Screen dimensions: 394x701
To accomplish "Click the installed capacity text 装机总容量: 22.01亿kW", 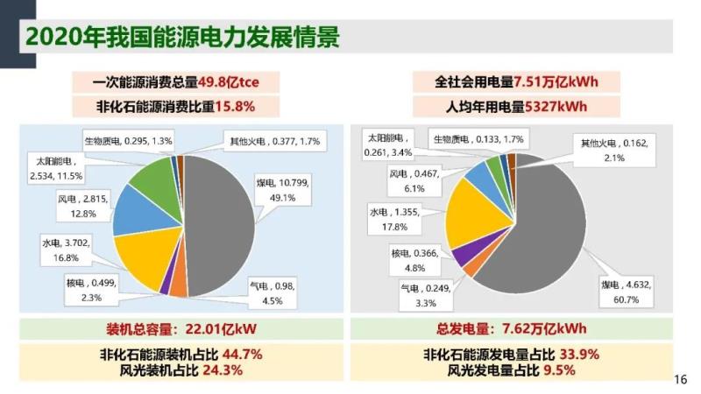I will [179, 329].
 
